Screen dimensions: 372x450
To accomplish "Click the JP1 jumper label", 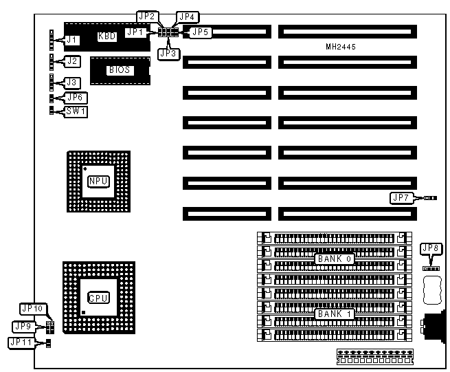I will (135, 31).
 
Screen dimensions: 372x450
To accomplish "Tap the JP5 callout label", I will (199, 31).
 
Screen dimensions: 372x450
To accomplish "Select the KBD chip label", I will (107, 36).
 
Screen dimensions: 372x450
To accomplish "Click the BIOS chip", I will (119, 69).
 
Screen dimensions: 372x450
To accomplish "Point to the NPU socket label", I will (97, 182).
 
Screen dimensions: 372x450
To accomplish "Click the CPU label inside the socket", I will (98, 297).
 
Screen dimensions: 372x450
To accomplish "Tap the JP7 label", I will (400, 198).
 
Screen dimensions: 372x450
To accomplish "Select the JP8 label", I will (431, 248).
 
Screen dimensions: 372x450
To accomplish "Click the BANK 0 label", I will (335, 259).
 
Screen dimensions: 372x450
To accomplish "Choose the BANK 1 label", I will (335, 314).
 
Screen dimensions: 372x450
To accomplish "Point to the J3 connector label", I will (71, 83).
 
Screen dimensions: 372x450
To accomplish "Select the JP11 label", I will (23, 342).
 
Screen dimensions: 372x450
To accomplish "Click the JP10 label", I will (32, 309).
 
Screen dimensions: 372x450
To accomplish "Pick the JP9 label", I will (23, 325).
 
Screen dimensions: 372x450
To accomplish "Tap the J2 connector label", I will (71, 61).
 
